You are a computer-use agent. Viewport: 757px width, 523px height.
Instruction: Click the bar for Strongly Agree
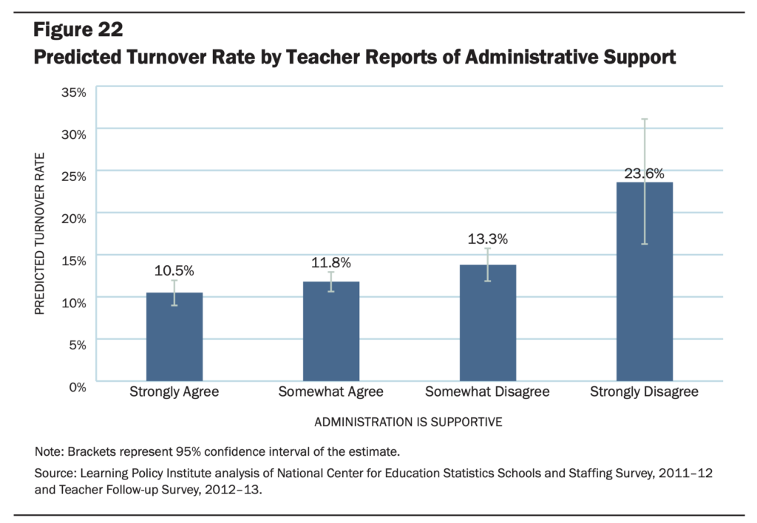[174, 337]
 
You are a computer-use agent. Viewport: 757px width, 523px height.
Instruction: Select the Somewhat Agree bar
[331, 332]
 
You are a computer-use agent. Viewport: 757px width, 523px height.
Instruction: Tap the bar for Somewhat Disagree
[488, 323]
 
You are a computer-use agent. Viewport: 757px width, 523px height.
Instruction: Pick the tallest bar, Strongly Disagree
[645, 281]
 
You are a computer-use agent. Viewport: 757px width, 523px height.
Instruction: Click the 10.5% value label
[174, 270]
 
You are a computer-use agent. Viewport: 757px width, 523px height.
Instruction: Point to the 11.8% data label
[331, 262]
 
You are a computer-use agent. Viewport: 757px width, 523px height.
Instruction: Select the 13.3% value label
[488, 239]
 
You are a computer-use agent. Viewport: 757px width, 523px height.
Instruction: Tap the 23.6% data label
[645, 173]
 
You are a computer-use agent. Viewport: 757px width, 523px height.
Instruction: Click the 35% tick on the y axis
[73, 92]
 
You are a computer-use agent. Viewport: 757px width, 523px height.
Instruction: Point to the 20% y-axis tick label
[73, 219]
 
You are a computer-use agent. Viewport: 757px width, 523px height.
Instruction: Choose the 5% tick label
[77, 345]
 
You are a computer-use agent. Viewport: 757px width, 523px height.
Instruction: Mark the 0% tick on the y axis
[77, 387]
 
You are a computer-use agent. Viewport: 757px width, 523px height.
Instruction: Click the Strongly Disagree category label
[644, 392]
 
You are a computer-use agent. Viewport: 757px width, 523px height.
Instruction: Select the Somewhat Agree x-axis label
[330, 392]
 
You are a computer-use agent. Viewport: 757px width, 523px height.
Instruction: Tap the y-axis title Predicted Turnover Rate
[40, 234]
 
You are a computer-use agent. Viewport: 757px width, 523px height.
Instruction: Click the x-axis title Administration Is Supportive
[408, 422]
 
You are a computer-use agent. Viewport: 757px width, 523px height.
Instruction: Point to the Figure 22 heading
[78, 30]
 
